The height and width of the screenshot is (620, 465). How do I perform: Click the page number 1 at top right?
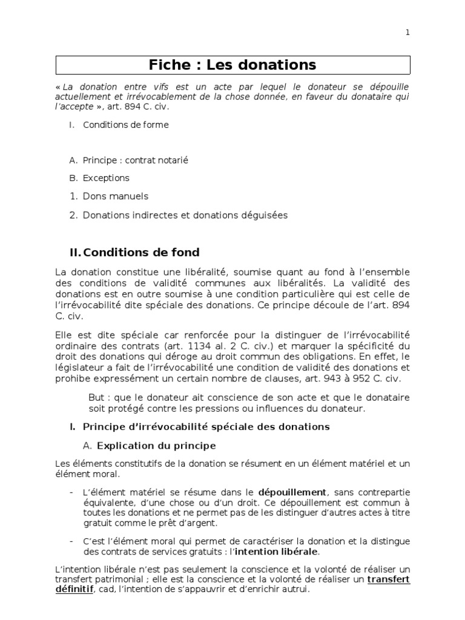[x=407, y=33]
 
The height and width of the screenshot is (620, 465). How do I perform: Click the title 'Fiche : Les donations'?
[x=233, y=65]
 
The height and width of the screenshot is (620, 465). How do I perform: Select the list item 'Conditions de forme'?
[x=126, y=125]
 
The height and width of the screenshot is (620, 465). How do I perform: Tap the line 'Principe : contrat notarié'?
[x=136, y=160]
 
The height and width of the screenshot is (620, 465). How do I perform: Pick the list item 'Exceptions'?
[x=106, y=178]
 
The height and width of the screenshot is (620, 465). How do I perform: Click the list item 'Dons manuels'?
[x=116, y=196]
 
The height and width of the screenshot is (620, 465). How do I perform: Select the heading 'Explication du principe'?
[x=156, y=446]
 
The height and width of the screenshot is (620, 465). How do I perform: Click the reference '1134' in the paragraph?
[x=197, y=346]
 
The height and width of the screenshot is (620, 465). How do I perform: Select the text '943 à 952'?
[x=341, y=378]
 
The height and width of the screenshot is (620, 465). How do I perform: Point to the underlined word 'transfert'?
[x=389, y=579]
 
